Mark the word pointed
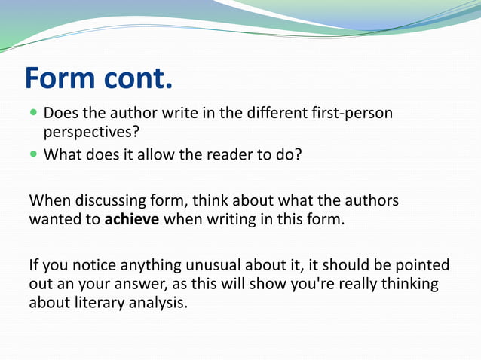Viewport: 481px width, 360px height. (421, 266)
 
